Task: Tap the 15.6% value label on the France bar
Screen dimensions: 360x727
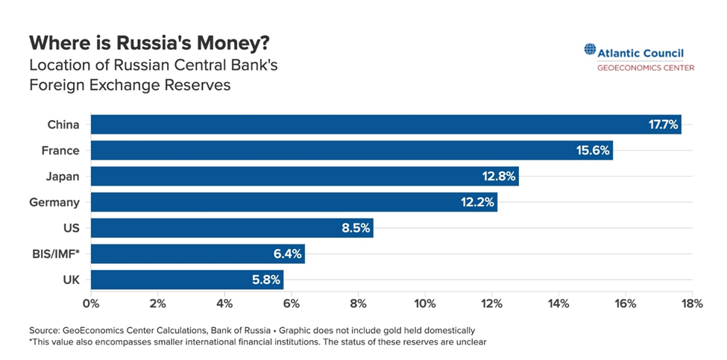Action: (593, 151)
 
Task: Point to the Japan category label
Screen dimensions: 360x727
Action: (63, 177)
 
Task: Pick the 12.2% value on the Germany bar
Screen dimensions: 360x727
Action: (477, 202)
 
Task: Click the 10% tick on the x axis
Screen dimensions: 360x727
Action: (424, 303)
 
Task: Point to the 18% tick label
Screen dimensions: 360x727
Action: (692, 303)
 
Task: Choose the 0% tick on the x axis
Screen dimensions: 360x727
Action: (91, 303)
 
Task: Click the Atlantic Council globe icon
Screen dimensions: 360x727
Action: (590, 51)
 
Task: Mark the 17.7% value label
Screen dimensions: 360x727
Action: (663, 124)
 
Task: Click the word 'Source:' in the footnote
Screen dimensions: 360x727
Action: (44, 329)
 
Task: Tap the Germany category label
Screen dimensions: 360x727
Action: (54, 202)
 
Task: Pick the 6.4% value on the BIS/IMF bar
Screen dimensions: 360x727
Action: (286, 254)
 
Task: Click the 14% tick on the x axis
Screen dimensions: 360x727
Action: (558, 303)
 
